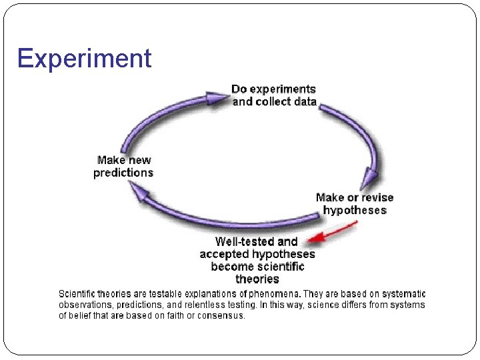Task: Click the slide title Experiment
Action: [85, 59]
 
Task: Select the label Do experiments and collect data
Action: [274, 95]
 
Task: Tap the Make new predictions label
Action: [124, 167]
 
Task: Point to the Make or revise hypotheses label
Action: [355, 204]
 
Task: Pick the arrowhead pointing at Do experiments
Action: [217, 98]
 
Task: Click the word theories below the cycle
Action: [257, 279]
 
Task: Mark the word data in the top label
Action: [305, 101]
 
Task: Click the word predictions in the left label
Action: [124, 173]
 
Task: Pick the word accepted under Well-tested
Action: [224, 254]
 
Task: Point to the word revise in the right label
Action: [378, 197]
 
